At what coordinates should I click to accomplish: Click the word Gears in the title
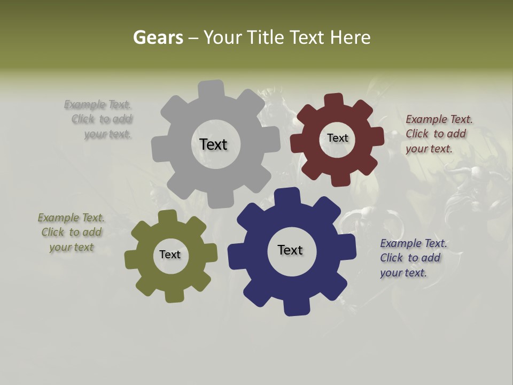[158, 37]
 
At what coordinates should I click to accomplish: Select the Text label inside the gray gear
[213, 144]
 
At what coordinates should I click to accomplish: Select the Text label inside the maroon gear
[337, 138]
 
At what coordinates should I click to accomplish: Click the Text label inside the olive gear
[170, 255]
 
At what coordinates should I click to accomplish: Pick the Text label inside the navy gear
[290, 250]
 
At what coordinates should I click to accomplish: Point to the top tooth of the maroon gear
[334, 101]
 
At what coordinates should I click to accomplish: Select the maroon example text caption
[438, 134]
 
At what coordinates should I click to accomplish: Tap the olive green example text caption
[71, 232]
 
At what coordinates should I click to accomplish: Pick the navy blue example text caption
[413, 258]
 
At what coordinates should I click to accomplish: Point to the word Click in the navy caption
[392, 258]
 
